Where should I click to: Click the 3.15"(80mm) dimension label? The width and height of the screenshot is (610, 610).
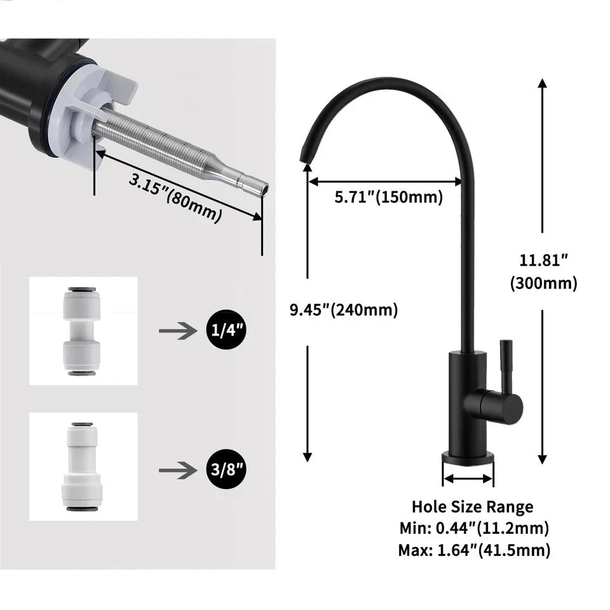(175, 197)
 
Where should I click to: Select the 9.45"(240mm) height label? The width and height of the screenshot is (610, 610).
(344, 310)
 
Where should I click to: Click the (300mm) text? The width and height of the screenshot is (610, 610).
(543, 283)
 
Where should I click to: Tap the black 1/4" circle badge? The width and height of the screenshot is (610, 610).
(226, 330)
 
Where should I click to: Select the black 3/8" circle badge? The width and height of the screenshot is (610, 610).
(226, 470)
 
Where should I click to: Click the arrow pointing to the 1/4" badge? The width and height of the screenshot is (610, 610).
(175, 330)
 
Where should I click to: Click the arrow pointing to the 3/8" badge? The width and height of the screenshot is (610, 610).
(175, 470)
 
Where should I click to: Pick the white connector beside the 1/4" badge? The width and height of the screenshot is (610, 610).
(83, 330)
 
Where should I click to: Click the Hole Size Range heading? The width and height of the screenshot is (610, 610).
(472, 506)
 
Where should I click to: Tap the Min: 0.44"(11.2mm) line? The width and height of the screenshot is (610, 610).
(474, 527)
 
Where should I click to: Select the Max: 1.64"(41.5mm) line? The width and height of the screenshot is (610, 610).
(474, 550)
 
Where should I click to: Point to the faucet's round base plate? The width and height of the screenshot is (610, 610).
(468, 457)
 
